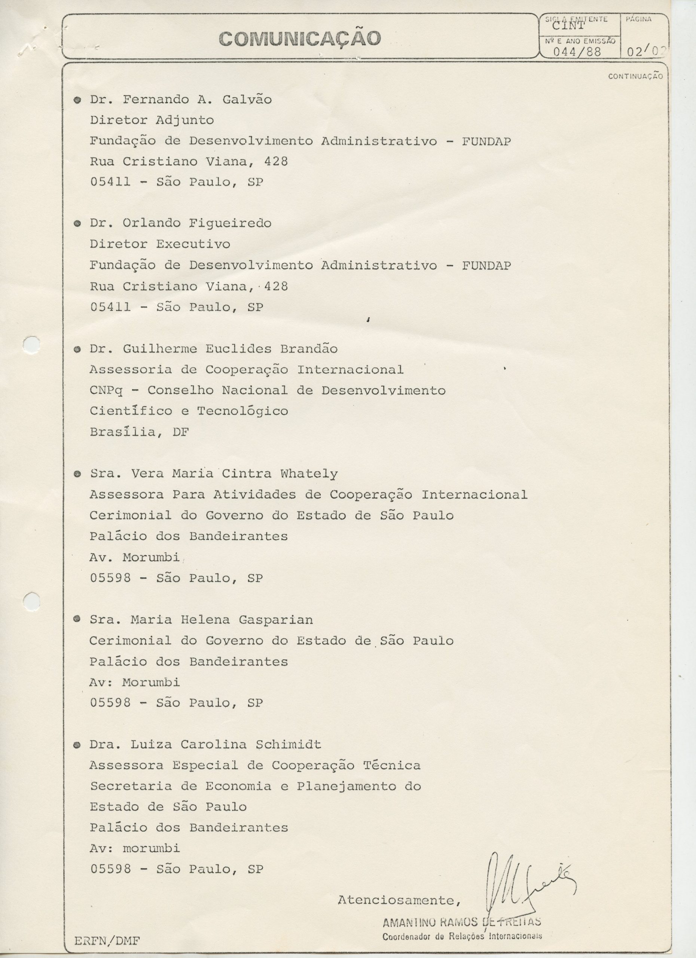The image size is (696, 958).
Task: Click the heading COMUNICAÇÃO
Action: pos(300,39)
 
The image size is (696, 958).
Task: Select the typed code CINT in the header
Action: pos(568,26)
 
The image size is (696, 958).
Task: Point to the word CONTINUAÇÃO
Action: pos(635,76)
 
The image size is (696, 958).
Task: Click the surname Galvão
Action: pos(247,100)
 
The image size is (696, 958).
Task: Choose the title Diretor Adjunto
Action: pos(152,120)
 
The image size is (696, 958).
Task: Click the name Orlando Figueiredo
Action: pos(197,223)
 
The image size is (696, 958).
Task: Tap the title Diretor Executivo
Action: pos(160,244)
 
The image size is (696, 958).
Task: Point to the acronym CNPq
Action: pos(106,391)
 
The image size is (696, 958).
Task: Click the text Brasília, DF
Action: pos(139,432)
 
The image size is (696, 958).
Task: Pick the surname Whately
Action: pos(309,474)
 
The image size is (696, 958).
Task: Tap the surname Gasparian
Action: pos(275,620)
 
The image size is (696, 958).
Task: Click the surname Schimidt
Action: pos(288,744)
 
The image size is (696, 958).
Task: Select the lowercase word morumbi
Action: pos(151,848)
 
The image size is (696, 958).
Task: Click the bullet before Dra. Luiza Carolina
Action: pos(77,745)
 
